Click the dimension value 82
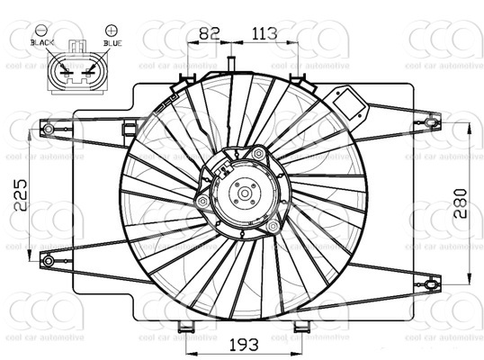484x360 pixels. point(209,33)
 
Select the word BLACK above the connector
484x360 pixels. point(42,42)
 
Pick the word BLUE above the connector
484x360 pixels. point(112,42)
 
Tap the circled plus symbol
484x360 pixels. point(111,31)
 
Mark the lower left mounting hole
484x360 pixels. point(48,261)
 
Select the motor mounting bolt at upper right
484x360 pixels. point(259,154)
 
